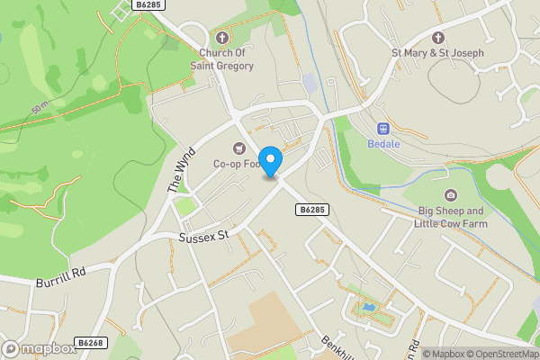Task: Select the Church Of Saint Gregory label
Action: click(x=227, y=59)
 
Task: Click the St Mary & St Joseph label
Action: click(x=438, y=53)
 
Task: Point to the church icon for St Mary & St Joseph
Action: click(x=438, y=38)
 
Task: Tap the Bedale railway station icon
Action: click(x=382, y=129)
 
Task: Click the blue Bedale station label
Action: click(x=382, y=144)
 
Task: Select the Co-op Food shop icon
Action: click(x=238, y=148)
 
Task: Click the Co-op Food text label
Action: click(x=237, y=165)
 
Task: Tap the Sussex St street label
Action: click(x=205, y=235)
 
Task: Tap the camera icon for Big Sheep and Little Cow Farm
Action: click(x=450, y=195)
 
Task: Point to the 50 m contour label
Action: click(x=40, y=109)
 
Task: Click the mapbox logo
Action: click(x=39, y=348)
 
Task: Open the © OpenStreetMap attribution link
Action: click(x=499, y=354)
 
